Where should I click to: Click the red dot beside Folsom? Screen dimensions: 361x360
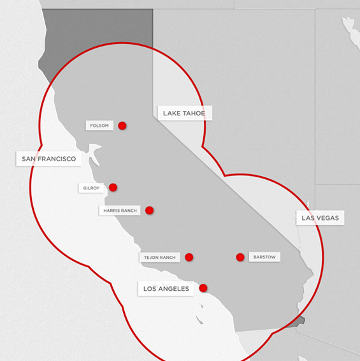[x=122, y=126]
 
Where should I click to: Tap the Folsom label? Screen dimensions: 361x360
[x=99, y=126]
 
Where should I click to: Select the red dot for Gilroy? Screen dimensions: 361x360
[x=113, y=188]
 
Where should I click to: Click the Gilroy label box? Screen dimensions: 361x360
[x=91, y=188]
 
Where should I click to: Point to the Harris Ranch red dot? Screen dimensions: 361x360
[x=149, y=210]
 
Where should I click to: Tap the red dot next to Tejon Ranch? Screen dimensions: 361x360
[x=189, y=257]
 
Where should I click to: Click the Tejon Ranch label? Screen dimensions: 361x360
[x=159, y=258]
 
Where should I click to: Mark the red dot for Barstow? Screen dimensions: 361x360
[x=240, y=257]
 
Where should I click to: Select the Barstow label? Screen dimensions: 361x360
[x=263, y=257]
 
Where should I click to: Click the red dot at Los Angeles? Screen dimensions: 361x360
[x=203, y=288]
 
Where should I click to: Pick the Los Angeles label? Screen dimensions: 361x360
[x=166, y=289]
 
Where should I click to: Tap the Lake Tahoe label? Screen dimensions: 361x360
[x=184, y=114]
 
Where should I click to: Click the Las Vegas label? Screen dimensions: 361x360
[x=320, y=218]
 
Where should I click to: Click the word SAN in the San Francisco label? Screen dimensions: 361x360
[x=29, y=159]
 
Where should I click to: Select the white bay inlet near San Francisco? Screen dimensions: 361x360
[x=96, y=153]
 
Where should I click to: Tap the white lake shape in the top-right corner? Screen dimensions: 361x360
[x=350, y=29]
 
